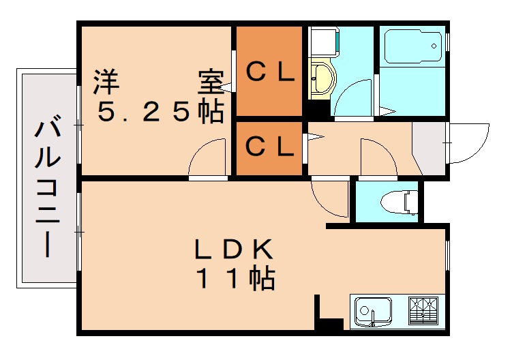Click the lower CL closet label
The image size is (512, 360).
[270, 145]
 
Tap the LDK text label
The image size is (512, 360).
[234, 250]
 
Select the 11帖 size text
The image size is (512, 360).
[235, 279]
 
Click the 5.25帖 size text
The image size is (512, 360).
[161, 111]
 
